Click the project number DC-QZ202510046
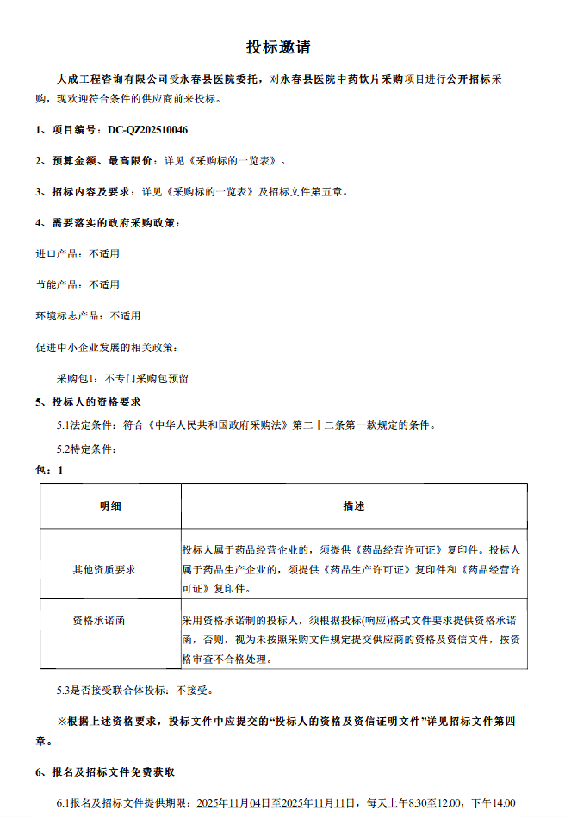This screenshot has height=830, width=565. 147,130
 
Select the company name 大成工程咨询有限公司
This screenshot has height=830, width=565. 112,78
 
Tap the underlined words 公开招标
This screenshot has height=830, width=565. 469,78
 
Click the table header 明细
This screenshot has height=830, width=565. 110,506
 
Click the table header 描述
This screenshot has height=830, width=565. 353,506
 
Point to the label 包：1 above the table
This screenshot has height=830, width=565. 49,470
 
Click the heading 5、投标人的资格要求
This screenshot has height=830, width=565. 88,402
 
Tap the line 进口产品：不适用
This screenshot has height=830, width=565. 78,254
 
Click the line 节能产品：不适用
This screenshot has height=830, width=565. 78,284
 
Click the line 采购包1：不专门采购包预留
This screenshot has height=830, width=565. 122,378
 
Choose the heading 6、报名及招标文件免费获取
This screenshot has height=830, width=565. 104,772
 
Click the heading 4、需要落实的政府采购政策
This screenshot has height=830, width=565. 108,223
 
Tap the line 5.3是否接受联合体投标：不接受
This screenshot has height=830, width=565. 134,690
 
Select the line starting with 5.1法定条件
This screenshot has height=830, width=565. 246,425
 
